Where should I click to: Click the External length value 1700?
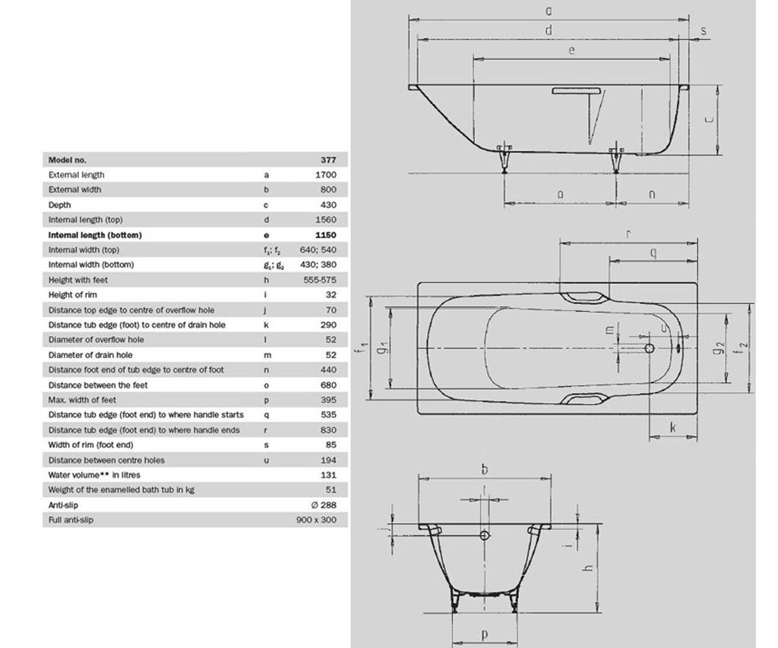point(325,175)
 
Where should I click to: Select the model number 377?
point(328,160)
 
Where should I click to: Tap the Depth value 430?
point(328,205)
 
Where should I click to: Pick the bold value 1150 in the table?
point(325,235)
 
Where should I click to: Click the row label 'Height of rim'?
point(73,295)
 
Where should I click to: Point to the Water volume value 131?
point(328,475)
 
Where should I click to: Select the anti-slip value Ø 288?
point(324,505)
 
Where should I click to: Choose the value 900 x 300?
point(316,520)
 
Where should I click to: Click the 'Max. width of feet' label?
point(82,400)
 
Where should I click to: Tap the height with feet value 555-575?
point(320,280)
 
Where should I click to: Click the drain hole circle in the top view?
point(650,348)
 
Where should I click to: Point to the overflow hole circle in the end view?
point(484,535)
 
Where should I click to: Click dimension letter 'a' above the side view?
point(548,11)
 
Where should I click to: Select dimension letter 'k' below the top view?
point(672,427)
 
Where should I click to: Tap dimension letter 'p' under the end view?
point(484,634)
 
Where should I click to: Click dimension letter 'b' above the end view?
point(484,469)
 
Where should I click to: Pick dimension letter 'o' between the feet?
point(560,194)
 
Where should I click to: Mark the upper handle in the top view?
point(584,297)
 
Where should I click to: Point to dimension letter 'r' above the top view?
point(629,234)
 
